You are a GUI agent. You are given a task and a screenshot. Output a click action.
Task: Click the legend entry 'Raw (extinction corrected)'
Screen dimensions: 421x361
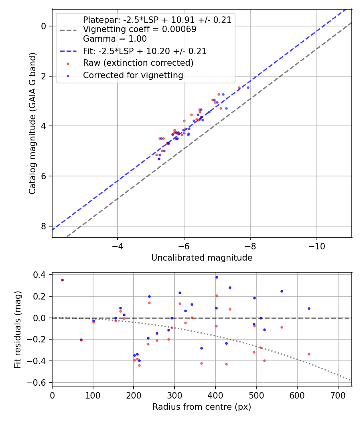138,63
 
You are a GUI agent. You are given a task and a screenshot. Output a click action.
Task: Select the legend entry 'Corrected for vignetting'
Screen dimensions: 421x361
133,75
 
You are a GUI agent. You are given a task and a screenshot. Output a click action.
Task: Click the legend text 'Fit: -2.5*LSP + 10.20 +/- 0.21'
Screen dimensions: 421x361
144,51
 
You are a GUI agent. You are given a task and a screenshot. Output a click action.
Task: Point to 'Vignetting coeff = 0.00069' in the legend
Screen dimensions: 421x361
140,29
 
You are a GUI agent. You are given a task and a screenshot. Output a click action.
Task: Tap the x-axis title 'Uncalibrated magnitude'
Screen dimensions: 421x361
202,258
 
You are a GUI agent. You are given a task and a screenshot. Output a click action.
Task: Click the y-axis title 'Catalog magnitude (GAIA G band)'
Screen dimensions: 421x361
32,123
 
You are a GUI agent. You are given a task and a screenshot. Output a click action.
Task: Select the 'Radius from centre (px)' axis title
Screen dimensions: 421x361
202,407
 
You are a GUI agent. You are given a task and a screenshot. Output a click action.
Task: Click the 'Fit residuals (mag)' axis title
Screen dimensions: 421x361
18,330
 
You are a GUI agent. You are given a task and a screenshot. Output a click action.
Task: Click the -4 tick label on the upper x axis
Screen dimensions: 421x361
118,244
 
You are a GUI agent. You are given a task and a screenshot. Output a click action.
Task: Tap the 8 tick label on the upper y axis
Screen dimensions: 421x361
44,226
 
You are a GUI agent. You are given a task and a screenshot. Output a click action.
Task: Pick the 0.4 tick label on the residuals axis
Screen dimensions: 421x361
41,275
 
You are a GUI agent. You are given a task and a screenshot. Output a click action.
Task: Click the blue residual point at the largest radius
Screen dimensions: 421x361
309,308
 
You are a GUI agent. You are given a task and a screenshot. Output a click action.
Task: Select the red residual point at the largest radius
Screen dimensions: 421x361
309,354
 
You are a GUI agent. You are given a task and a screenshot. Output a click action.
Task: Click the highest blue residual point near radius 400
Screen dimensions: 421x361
217,277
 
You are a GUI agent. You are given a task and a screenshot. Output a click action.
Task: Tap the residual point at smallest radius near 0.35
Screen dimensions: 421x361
62,280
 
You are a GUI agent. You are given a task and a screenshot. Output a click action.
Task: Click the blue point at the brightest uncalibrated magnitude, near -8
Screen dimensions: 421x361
248,87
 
